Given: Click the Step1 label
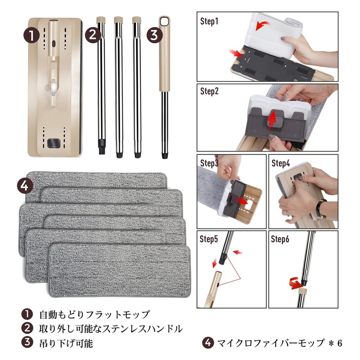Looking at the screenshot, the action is coord(209,21).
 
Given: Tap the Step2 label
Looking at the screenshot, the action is coord(209,91).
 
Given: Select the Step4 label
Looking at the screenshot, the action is coord(281,163).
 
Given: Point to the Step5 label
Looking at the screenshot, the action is coord(209,239).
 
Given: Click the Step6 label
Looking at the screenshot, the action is coord(280,239).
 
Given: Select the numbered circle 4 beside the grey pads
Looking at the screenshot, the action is coord(25,185).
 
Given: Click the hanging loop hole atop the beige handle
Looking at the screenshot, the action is coord(165,21).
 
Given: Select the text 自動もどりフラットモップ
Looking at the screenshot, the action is coord(95,314).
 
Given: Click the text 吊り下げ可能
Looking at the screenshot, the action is coord(66,343).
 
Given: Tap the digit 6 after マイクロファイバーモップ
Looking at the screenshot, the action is coord(340,343).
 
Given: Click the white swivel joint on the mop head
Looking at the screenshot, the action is coord(53,88).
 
